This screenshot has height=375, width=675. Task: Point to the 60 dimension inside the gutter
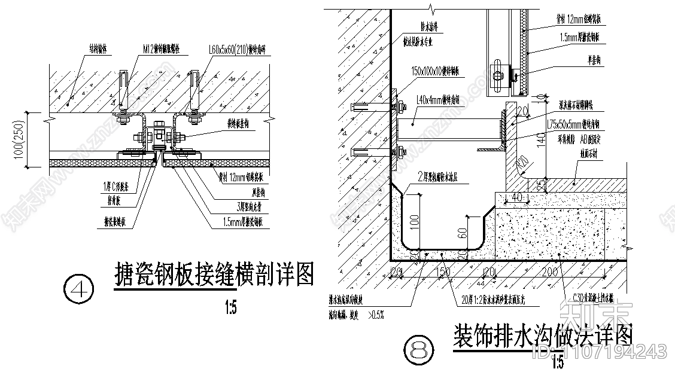[x=462, y=233]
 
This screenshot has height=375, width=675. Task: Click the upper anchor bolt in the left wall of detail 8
[x=361, y=108]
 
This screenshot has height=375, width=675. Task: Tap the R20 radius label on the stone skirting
[x=523, y=163]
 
